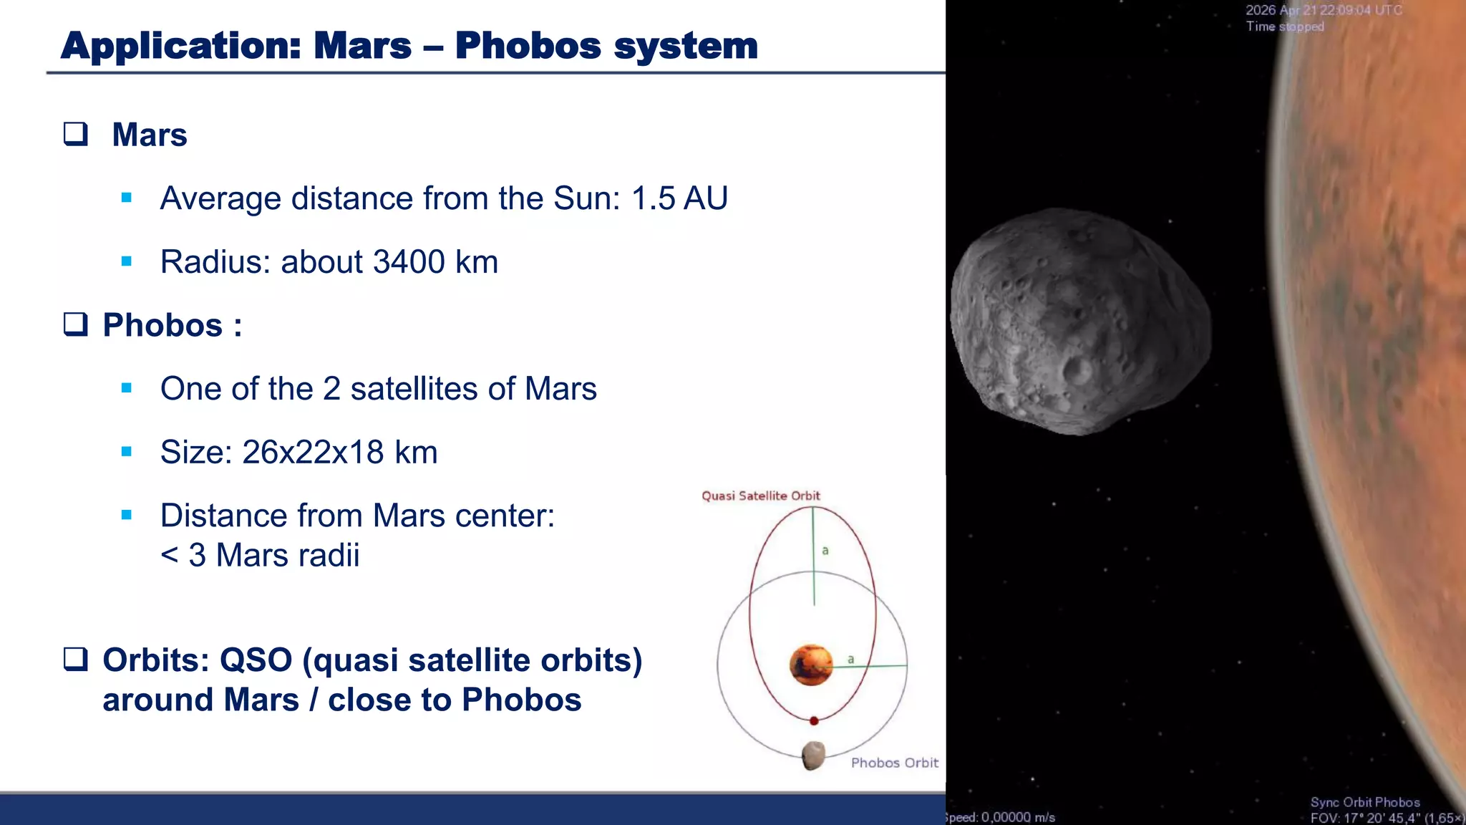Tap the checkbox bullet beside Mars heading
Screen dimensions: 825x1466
[x=76, y=134]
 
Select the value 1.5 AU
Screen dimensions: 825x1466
[x=679, y=198]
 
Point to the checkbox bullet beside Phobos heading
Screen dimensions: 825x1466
[x=76, y=324]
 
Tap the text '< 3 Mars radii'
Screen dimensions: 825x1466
[x=260, y=556]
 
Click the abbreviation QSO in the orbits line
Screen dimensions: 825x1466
[x=256, y=660]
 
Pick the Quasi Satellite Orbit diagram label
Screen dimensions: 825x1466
[x=760, y=496]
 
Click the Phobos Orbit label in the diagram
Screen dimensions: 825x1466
[x=894, y=763]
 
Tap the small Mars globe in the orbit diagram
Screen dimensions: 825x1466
[x=811, y=665]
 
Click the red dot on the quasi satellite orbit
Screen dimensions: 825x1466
[x=814, y=720]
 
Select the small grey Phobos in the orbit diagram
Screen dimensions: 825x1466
[x=813, y=755]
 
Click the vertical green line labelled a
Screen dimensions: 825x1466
[x=813, y=556]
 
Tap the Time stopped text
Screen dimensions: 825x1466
[x=1284, y=26]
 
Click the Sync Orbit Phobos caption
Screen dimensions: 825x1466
[x=1364, y=802]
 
